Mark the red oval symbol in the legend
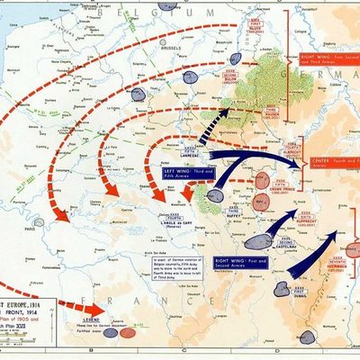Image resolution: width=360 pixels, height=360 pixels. tap(128, 331)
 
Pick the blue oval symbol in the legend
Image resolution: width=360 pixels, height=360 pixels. tap(111, 331)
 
